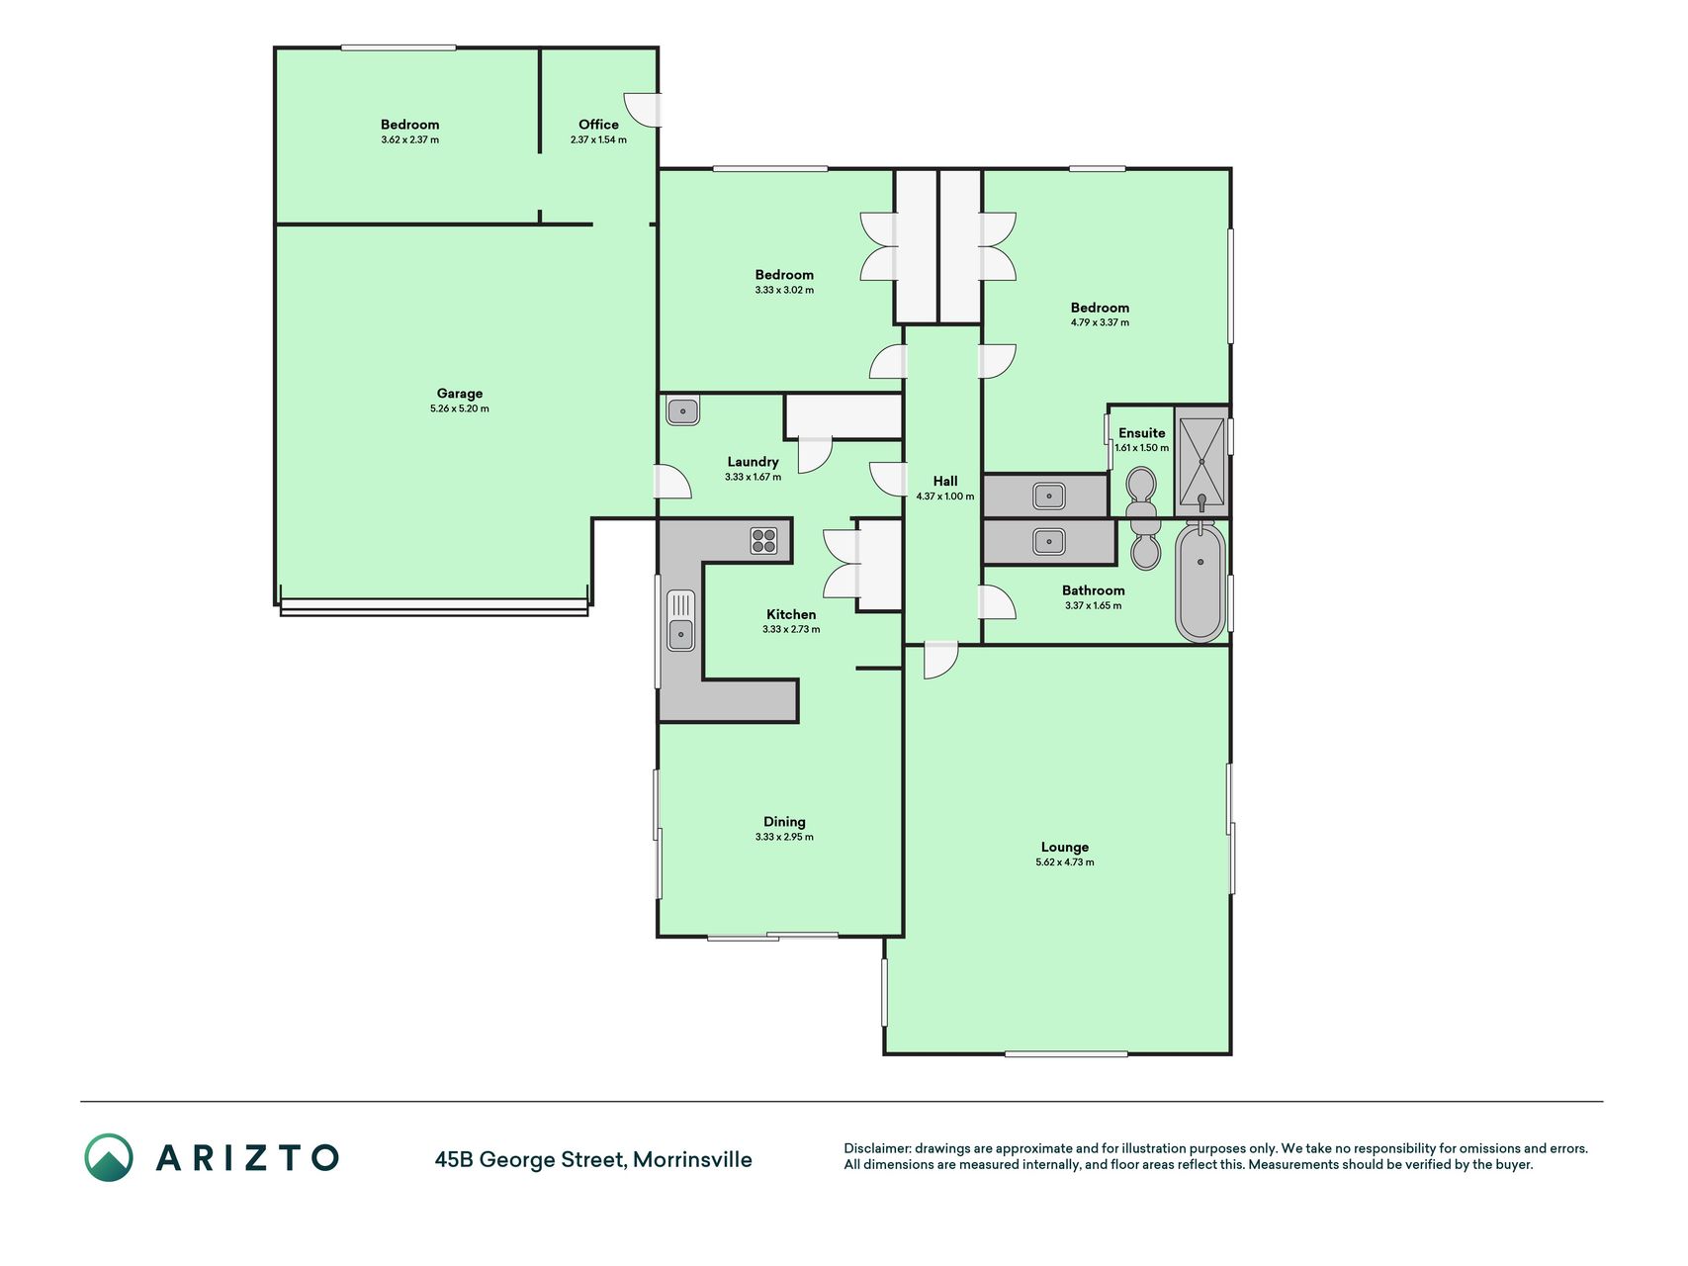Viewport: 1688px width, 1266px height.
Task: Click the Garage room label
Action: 460,394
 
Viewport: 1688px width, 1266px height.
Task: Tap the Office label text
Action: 598,125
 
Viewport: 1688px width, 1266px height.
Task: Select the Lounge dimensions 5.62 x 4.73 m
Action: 1065,862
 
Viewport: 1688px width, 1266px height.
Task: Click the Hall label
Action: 945,482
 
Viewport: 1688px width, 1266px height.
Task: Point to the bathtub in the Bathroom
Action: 1200,582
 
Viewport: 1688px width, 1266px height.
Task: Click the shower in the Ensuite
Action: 1201,461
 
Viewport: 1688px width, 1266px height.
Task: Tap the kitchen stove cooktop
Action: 763,540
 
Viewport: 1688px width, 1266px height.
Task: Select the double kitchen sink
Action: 680,620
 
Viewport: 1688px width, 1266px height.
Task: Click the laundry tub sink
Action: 682,410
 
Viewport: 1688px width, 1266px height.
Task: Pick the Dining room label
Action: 784,822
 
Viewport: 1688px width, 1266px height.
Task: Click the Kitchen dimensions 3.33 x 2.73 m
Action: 791,629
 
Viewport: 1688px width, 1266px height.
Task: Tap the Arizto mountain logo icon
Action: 109,1157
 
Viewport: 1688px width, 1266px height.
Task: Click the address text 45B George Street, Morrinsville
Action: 593,1160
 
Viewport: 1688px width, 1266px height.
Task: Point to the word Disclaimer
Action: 876,1148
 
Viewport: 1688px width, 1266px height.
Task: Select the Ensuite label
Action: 1142,433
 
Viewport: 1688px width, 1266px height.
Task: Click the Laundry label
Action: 753,462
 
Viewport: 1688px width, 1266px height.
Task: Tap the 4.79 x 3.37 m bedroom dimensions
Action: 1100,322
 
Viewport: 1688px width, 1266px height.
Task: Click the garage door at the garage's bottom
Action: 434,606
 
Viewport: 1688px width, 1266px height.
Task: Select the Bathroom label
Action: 1094,590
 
